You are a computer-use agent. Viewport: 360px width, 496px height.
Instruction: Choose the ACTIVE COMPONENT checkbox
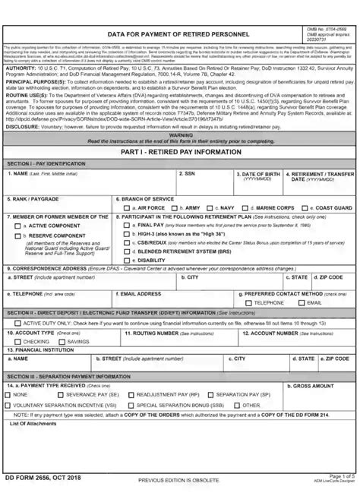coord(19,226)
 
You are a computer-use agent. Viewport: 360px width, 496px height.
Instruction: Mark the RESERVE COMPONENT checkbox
coord(19,236)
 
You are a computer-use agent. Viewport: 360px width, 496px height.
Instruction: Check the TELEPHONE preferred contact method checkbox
coord(248,302)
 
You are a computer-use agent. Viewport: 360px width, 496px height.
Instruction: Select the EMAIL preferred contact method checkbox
coord(302,302)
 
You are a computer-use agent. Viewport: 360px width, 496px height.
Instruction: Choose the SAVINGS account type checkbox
coord(63,342)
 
